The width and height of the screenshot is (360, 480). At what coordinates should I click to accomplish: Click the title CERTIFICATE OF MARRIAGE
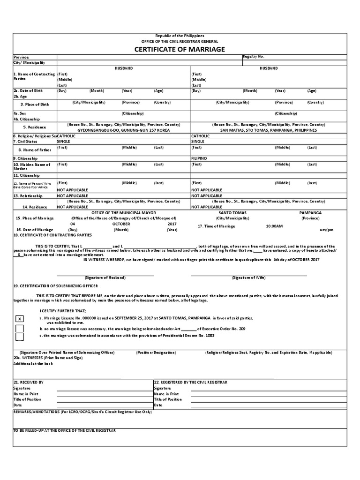coord(180,49)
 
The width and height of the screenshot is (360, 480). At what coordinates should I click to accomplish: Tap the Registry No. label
coord(254,56)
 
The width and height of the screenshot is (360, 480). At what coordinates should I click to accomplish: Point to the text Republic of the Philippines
coord(180,36)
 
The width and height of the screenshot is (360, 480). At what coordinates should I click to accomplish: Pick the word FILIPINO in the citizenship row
coord(199,158)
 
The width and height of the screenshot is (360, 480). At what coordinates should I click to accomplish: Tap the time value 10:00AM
coord(274,226)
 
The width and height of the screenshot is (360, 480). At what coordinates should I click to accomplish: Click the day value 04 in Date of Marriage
coord(73,224)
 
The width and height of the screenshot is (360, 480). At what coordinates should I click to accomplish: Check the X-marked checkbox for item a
coord(20,319)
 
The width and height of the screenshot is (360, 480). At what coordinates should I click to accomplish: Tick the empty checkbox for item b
coord(20,328)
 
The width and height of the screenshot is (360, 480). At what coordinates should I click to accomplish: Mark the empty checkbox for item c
coord(20,336)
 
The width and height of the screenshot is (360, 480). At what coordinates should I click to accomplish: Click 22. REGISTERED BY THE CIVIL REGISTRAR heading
coord(191,382)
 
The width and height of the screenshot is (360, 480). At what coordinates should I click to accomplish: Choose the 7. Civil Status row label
coord(27,141)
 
